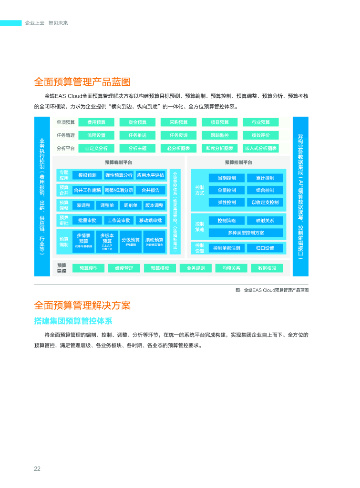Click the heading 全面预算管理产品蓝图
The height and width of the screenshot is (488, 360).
coord(82,82)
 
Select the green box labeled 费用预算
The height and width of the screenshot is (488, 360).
coord(96,122)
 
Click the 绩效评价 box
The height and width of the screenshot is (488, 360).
coord(261,135)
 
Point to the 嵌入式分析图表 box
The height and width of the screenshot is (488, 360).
coord(261,148)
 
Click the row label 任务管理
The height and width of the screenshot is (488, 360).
coord(65,135)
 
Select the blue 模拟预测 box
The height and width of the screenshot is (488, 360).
coord(87,175)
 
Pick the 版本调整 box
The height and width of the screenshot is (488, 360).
coord(154,205)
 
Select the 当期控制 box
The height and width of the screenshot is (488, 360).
coord(226,178)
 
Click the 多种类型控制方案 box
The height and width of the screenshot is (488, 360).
coord(246,233)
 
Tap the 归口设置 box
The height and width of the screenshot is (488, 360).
coord(265,248)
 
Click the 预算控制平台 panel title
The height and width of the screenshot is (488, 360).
coord(238,163)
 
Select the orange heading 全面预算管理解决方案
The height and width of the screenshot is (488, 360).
coord(82,305)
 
